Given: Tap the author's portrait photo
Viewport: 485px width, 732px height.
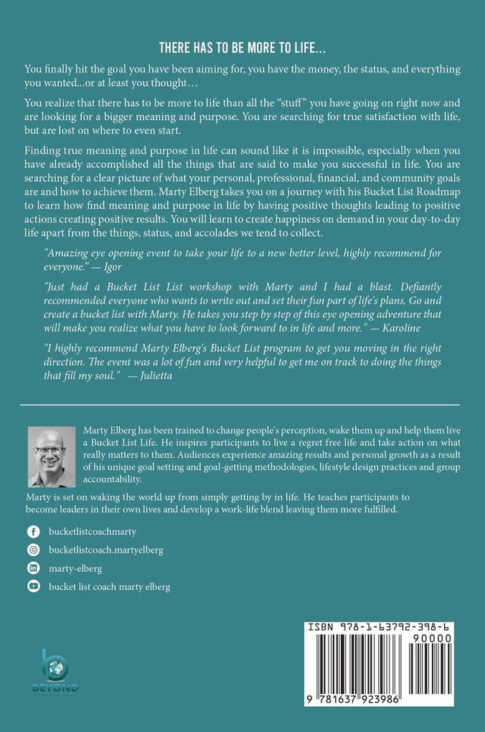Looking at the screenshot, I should pyautogui.click(x=51, y=456).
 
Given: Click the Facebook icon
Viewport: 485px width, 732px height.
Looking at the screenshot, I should pyautogui.click(x=33, y=532).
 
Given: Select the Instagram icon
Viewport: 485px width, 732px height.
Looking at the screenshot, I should pyautogui.click(x=33, y=550).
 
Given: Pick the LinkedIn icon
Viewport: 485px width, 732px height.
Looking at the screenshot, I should pyautogui.click(x=33, y=568).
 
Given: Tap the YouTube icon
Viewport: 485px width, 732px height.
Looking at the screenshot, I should pyautogui.click(x=33, y=586).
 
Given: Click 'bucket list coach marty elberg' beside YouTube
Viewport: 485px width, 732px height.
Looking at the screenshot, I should pyautogui.click(x=109, y=586).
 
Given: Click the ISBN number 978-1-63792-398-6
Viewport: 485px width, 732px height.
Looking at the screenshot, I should pyautogui.click(x=387, y=627).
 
